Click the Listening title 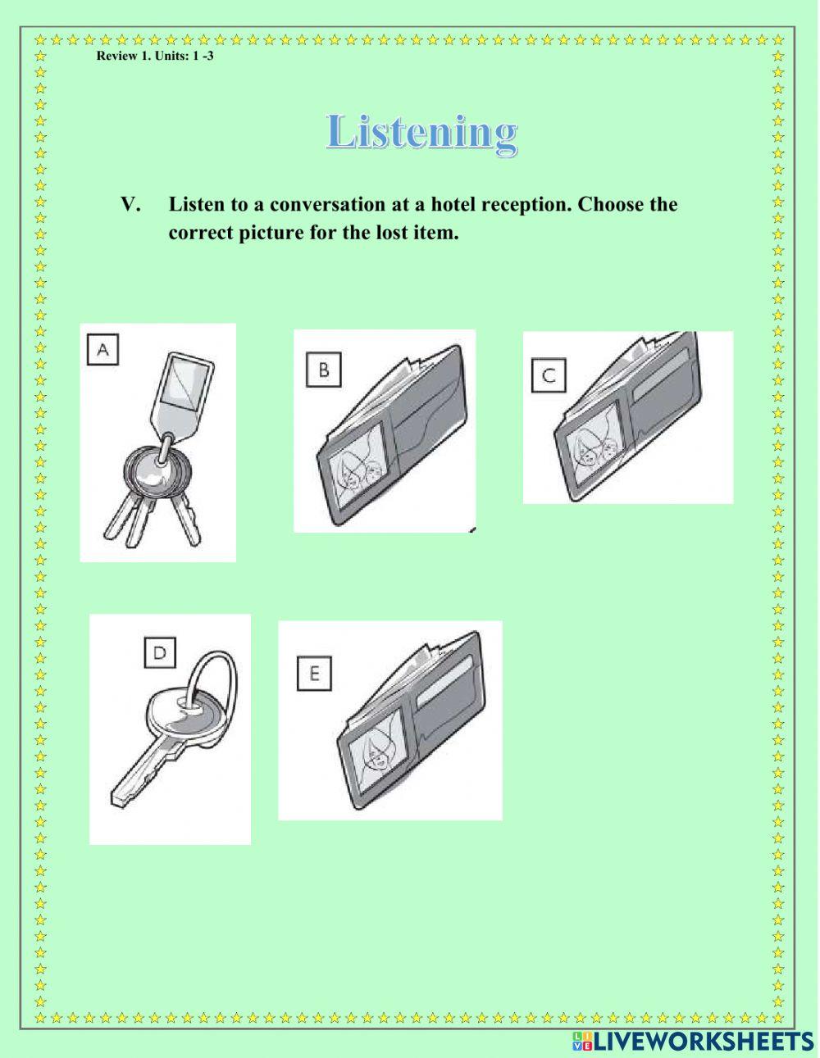click(x=421, y=132)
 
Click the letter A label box click(x=103, y=351)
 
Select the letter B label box click(x=324, y=370)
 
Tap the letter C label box click(x=549, y=375)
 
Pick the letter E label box click(x=314, y=674)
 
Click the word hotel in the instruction click(x=455, y=204)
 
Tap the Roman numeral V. click(x=130, y=204)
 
